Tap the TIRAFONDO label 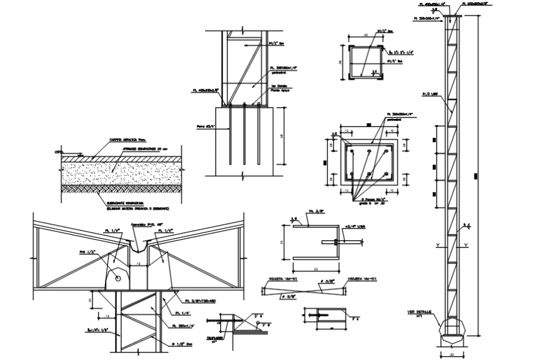214,337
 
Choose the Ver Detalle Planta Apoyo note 279,88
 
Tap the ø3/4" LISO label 355,226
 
